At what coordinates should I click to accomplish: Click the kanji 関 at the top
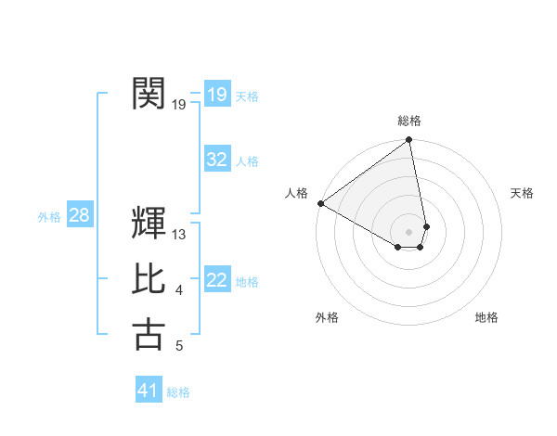pyautogui.click(x=149, y=94)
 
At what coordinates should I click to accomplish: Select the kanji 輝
pyautogui.click(x=149, y=224)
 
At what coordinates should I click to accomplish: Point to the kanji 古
pyautogui.click(x=149, y=335)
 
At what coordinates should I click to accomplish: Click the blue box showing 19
pyautogui.click(x=216, y=94)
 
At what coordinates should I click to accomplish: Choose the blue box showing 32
pyautogui.click(x=216, y=160)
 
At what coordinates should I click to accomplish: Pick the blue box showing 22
pyautogui.click(x=216, y=280)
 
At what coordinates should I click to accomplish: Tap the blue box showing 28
pyautogui.click(x=79, y=215)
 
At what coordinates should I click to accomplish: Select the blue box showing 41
pyautogui.click(x=149, y=391)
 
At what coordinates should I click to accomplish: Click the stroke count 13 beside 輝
pyautogui.click(x=179, y=236)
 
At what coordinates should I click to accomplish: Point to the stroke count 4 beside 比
pyautogui.click(x=179, y=291)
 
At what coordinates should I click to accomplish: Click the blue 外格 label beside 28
pyautogui.click(x=49, y=217)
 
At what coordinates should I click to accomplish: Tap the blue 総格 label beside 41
pyautogui.click(x=178, y=392)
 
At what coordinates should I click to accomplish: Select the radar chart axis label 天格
pyautogui.click(x=522, y=193)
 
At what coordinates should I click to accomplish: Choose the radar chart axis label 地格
pyautogui.click(x=486, y=317)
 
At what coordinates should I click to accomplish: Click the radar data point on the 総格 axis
pyautogui.click(x=408, y=141)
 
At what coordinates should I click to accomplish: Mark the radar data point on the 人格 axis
pyautogui.click(x=319, y=203)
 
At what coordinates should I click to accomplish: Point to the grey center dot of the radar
pyautogui.click(x=408, y=230)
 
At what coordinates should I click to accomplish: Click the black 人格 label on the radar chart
pyautogui.click(x=296, y=193)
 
